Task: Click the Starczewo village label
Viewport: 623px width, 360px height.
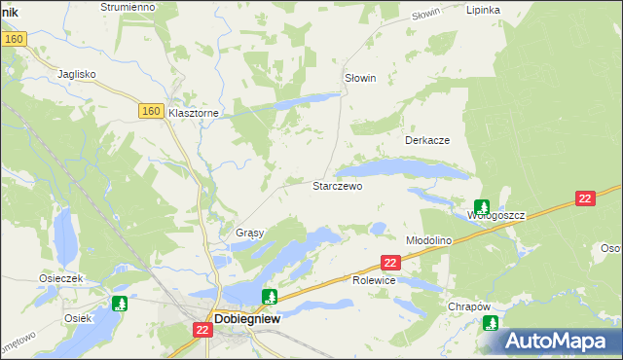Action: point(337,186)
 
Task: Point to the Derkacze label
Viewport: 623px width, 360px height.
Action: point(426,140)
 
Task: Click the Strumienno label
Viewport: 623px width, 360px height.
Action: point(128,7)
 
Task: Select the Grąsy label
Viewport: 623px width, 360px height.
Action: point(250,234)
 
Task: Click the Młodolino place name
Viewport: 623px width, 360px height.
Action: point(429,240)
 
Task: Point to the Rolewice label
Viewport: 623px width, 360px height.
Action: point(373,280)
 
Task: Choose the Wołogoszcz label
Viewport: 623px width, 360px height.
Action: point(495,215)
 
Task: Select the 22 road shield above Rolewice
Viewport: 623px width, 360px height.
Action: point(390,263)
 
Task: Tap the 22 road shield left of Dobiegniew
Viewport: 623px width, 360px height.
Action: point(202,331)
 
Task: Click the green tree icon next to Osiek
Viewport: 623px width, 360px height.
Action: point(120,304)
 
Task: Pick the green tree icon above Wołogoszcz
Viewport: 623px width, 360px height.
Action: point(482,206)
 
